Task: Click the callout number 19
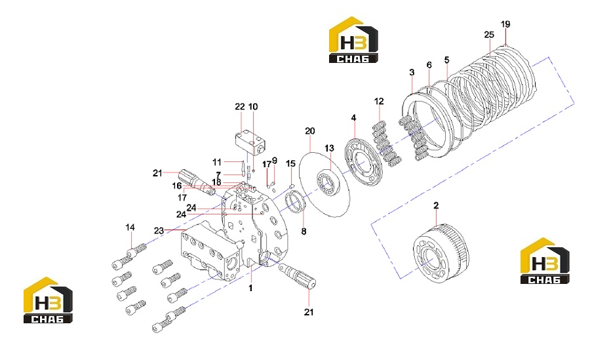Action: (x=505, y=24)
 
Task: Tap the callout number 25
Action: (x=489, y=35)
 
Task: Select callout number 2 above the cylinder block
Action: (x=436, y=206)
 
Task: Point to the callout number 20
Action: (x=309, y=131)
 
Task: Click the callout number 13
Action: (x=329, y=148)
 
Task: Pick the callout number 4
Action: (x=353, y=118)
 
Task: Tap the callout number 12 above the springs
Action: (x=379, y=101)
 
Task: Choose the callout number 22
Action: (x=240, y=107)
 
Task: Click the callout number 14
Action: (x=130, y=228)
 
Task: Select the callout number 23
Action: (x=159, y=230)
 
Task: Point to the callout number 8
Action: (x=304, y=231)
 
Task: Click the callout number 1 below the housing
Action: (x=250, y=288)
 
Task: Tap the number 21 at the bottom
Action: (x=309, y=312)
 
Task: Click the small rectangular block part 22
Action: (x=250, y=142)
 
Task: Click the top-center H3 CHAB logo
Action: (x=353, y=39)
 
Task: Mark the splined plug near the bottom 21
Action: (x=297, y=275)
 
